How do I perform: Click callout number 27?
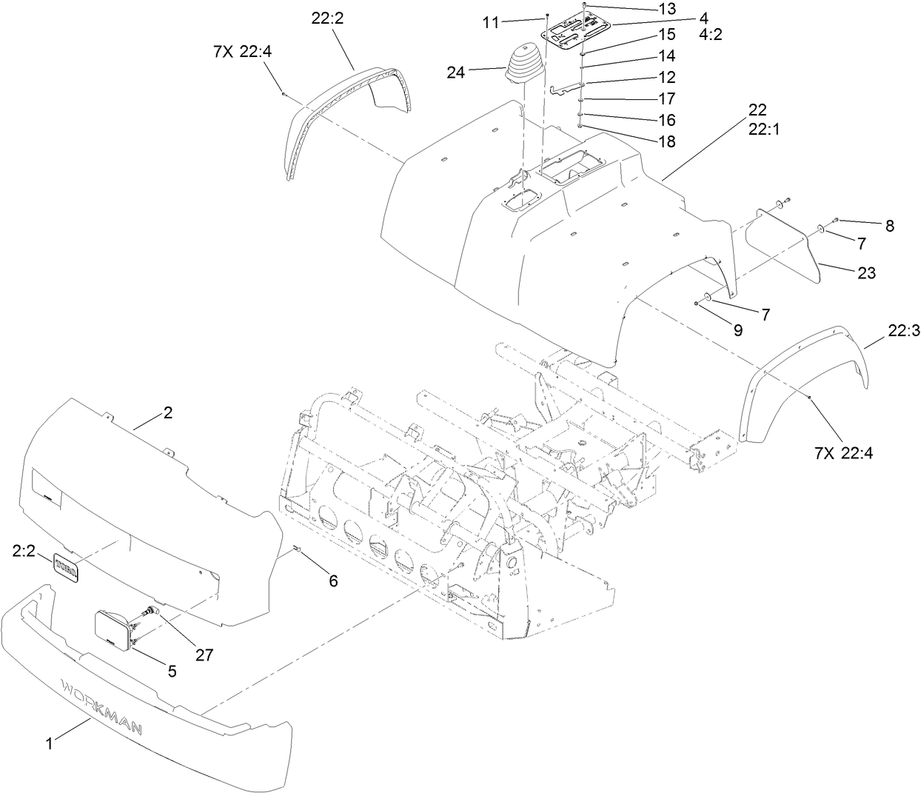[x=204, y=655]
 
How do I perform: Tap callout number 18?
[x=666, y=141]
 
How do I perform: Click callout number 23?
[x=865, y=273]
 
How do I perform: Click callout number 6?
[x=333, y=581]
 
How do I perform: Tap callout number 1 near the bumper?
[x=50, y=744]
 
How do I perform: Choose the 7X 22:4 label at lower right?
[x=843, y=453]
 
